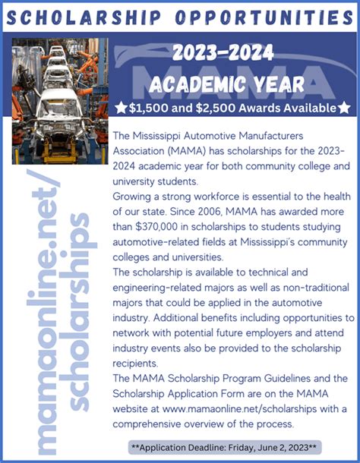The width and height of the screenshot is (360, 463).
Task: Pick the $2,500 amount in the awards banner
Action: coord(210,108)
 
